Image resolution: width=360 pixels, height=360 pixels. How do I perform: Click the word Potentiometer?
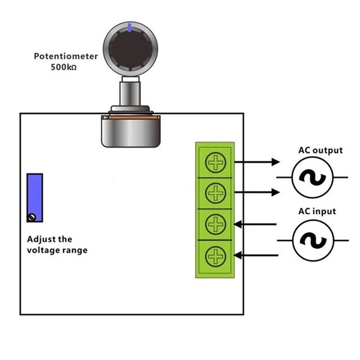point(65,57)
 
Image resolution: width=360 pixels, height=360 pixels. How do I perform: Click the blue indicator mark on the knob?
point(131,26)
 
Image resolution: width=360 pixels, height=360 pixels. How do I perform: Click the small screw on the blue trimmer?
point(34,217)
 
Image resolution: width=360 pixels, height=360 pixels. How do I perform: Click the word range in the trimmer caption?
point(75,250)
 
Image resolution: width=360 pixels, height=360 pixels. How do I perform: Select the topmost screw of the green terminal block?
point(215,162)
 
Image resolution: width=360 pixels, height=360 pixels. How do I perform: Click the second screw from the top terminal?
point(215,193)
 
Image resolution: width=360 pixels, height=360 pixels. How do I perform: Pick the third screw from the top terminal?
point(215,225)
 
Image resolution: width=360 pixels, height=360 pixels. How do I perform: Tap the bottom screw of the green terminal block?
point(215,257)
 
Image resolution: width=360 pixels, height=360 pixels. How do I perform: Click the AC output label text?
point(320,150)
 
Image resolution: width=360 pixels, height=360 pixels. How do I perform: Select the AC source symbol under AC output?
point(312,178)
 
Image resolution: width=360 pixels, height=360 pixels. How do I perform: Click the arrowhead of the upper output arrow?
point(276,161)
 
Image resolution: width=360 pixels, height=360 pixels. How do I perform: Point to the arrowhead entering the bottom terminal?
point(238,256)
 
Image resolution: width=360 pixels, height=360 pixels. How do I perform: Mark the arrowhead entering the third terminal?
point(238,224)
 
